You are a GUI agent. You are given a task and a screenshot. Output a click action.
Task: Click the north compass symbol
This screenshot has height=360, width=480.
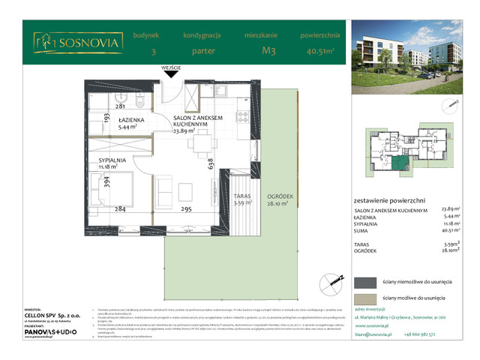(326, 283)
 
